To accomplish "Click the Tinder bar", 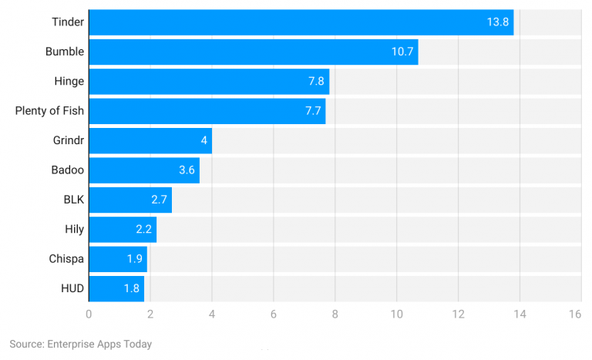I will pyautogui.click(x=301, y=22).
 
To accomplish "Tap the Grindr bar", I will pyautogui.click(x=150, y=141).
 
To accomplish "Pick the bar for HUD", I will pyautogui.click(x=116, y=289).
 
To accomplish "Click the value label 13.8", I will pyautogui.click(x=497, y=22).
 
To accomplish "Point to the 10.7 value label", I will pyautogui.click(x=402, y=52).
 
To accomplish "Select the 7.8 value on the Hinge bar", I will pyautogui.click(x=314, y=82).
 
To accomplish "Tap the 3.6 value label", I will pyautogui.click(x=186, y=170).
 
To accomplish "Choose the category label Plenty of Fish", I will pyautogui.click(x=49, y=111).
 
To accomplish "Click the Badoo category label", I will pyautogui.click(x=66, y=170).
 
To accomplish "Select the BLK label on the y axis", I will pyautogui.click(x=73, y=200).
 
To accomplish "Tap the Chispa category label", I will pyautogui.click(x=66, y=259).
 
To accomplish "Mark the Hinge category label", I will pyautogui.click(x=69, y=82).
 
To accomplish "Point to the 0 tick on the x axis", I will pyautogui.click(x=89, y=315).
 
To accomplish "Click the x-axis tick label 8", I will pyautogui.click(x=335, y=315).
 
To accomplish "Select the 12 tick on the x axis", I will pyautogui.click(x=458, y=315).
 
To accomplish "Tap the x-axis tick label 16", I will pyautogui.click(x=574, y=315).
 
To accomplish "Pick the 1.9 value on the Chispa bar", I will pyautogui.click(x=134, y=259).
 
